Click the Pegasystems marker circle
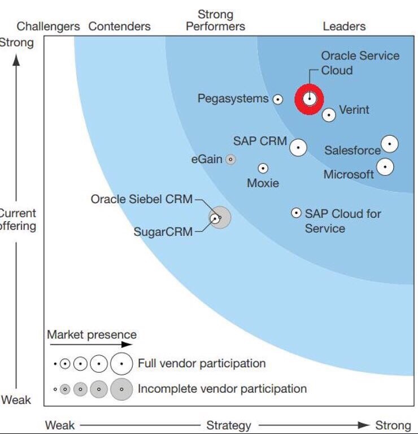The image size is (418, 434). pos(278,99)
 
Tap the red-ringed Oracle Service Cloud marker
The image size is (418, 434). pos(309,99)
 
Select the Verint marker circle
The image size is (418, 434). pos(329,115)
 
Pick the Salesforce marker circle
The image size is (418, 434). pos(389,144)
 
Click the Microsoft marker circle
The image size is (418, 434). pos(385,167)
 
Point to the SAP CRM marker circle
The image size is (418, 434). pos(298,147)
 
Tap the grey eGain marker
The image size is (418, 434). pos(230,160)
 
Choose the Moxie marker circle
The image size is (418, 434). pos(263,168)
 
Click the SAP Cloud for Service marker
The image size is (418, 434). pos(296,213)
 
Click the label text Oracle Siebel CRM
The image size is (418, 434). pos(142,199)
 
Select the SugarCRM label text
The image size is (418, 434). pos(163,231)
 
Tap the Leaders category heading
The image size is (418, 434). pos(344,27)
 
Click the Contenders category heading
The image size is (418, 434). pos(120,27)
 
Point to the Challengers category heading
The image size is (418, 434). pos(49,27)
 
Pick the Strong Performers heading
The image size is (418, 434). pos(216,20)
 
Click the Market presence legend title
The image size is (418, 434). pos(92,334)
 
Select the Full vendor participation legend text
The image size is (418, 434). pos(202,363)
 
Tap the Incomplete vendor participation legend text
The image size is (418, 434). pos(223,389)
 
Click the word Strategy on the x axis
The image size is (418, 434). pos(229,425)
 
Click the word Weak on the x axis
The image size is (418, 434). pos(60,425)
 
